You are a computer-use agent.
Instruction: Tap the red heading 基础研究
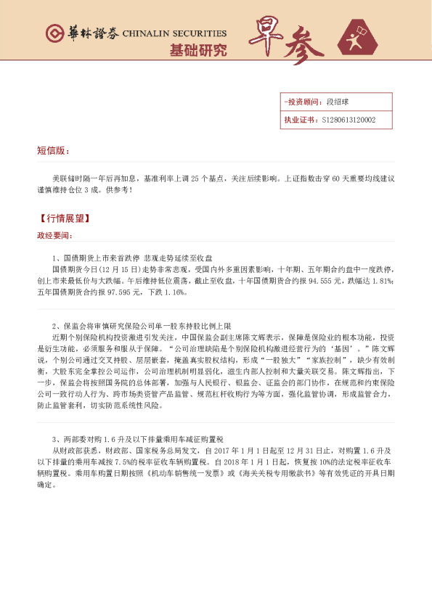click(197, 50)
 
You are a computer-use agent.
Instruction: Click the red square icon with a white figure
click(362, 38)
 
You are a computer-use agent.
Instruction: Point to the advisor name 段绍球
click(338, 103)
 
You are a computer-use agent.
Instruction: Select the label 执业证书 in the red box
click(300, 120)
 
